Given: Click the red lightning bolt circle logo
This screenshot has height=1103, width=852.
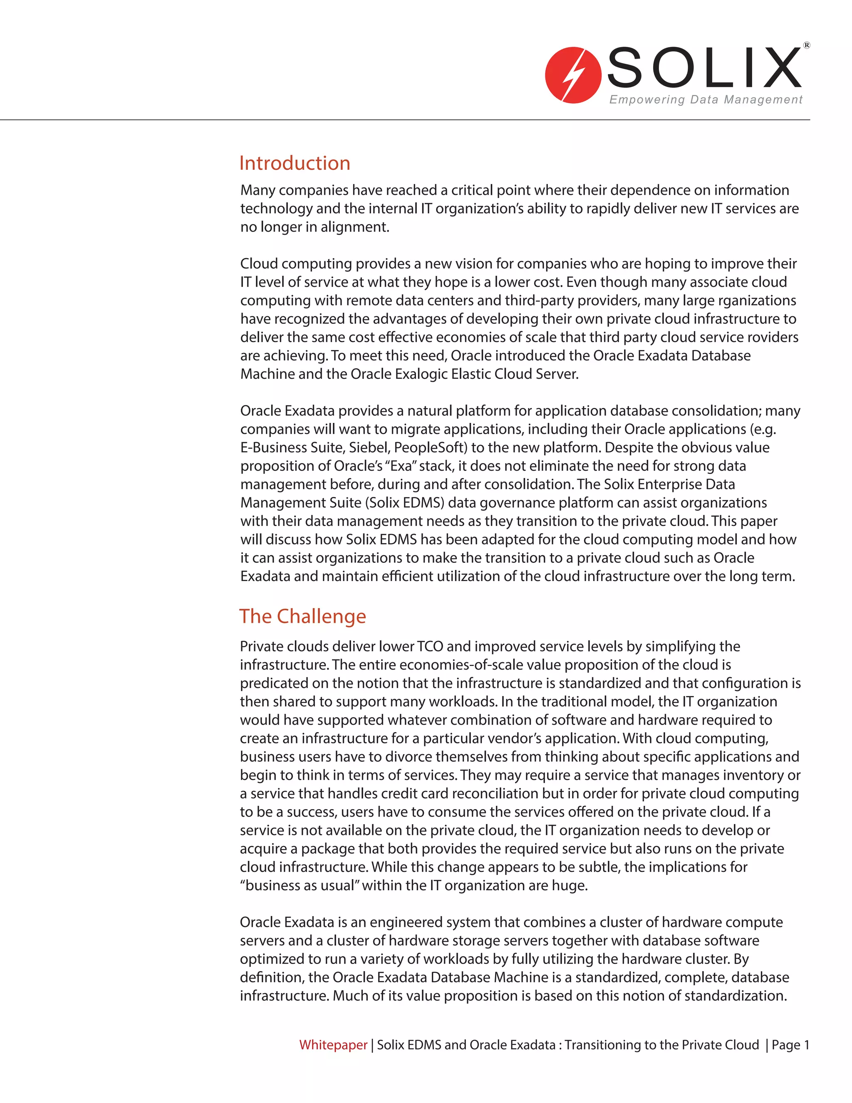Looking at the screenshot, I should pyautogui.click(x=572, y=75).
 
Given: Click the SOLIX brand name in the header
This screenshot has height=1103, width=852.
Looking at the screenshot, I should pyautogui.click(x=705, y=68).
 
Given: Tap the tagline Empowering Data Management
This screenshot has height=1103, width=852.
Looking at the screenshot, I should pyautogui.click(x=705, y=99).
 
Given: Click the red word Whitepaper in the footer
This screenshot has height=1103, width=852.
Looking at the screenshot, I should pyautogui.click(x=333, y=1044).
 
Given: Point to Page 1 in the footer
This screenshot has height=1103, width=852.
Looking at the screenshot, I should pyautogui.click(x=790, y=1044).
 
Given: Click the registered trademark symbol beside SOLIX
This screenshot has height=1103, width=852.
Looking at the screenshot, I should pyautogui.click(x=807, y=45).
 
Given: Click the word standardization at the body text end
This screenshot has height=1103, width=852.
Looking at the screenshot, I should pyautogui.click(x=734, y=996).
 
